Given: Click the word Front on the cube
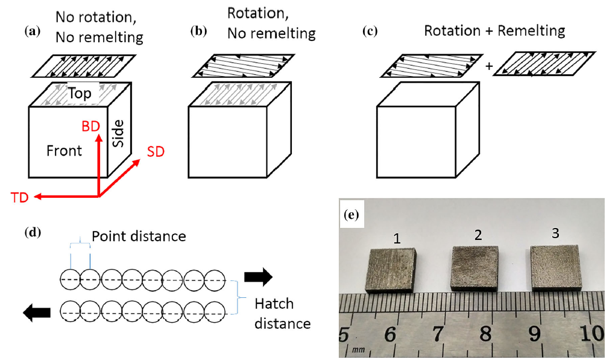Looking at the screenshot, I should (65, 150).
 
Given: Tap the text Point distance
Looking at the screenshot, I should (139, 236).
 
